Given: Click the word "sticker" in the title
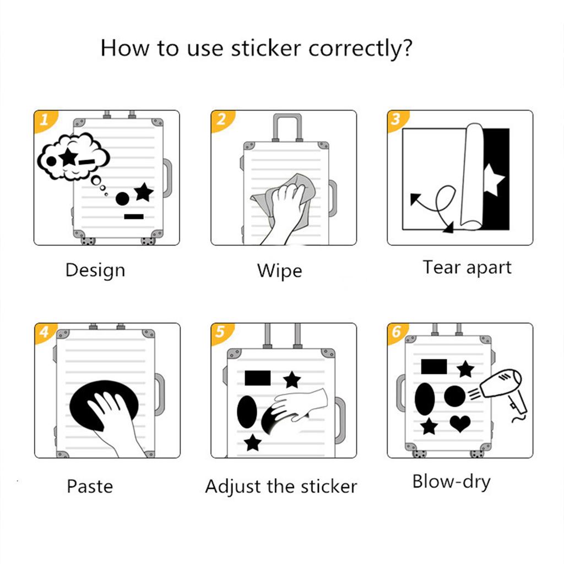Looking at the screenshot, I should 267,48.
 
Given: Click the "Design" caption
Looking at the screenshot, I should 95,270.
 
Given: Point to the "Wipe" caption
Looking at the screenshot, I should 279,271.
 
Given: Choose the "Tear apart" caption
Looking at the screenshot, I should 467,268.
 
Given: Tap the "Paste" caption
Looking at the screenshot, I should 90,486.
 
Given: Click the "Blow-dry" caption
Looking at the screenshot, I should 451,482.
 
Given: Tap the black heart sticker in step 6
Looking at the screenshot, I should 460,423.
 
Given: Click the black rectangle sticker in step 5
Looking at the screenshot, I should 257,378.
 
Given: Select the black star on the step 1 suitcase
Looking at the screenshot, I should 143,192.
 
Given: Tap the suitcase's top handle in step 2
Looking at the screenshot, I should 288,125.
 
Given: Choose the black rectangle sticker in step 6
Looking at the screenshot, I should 433,366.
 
